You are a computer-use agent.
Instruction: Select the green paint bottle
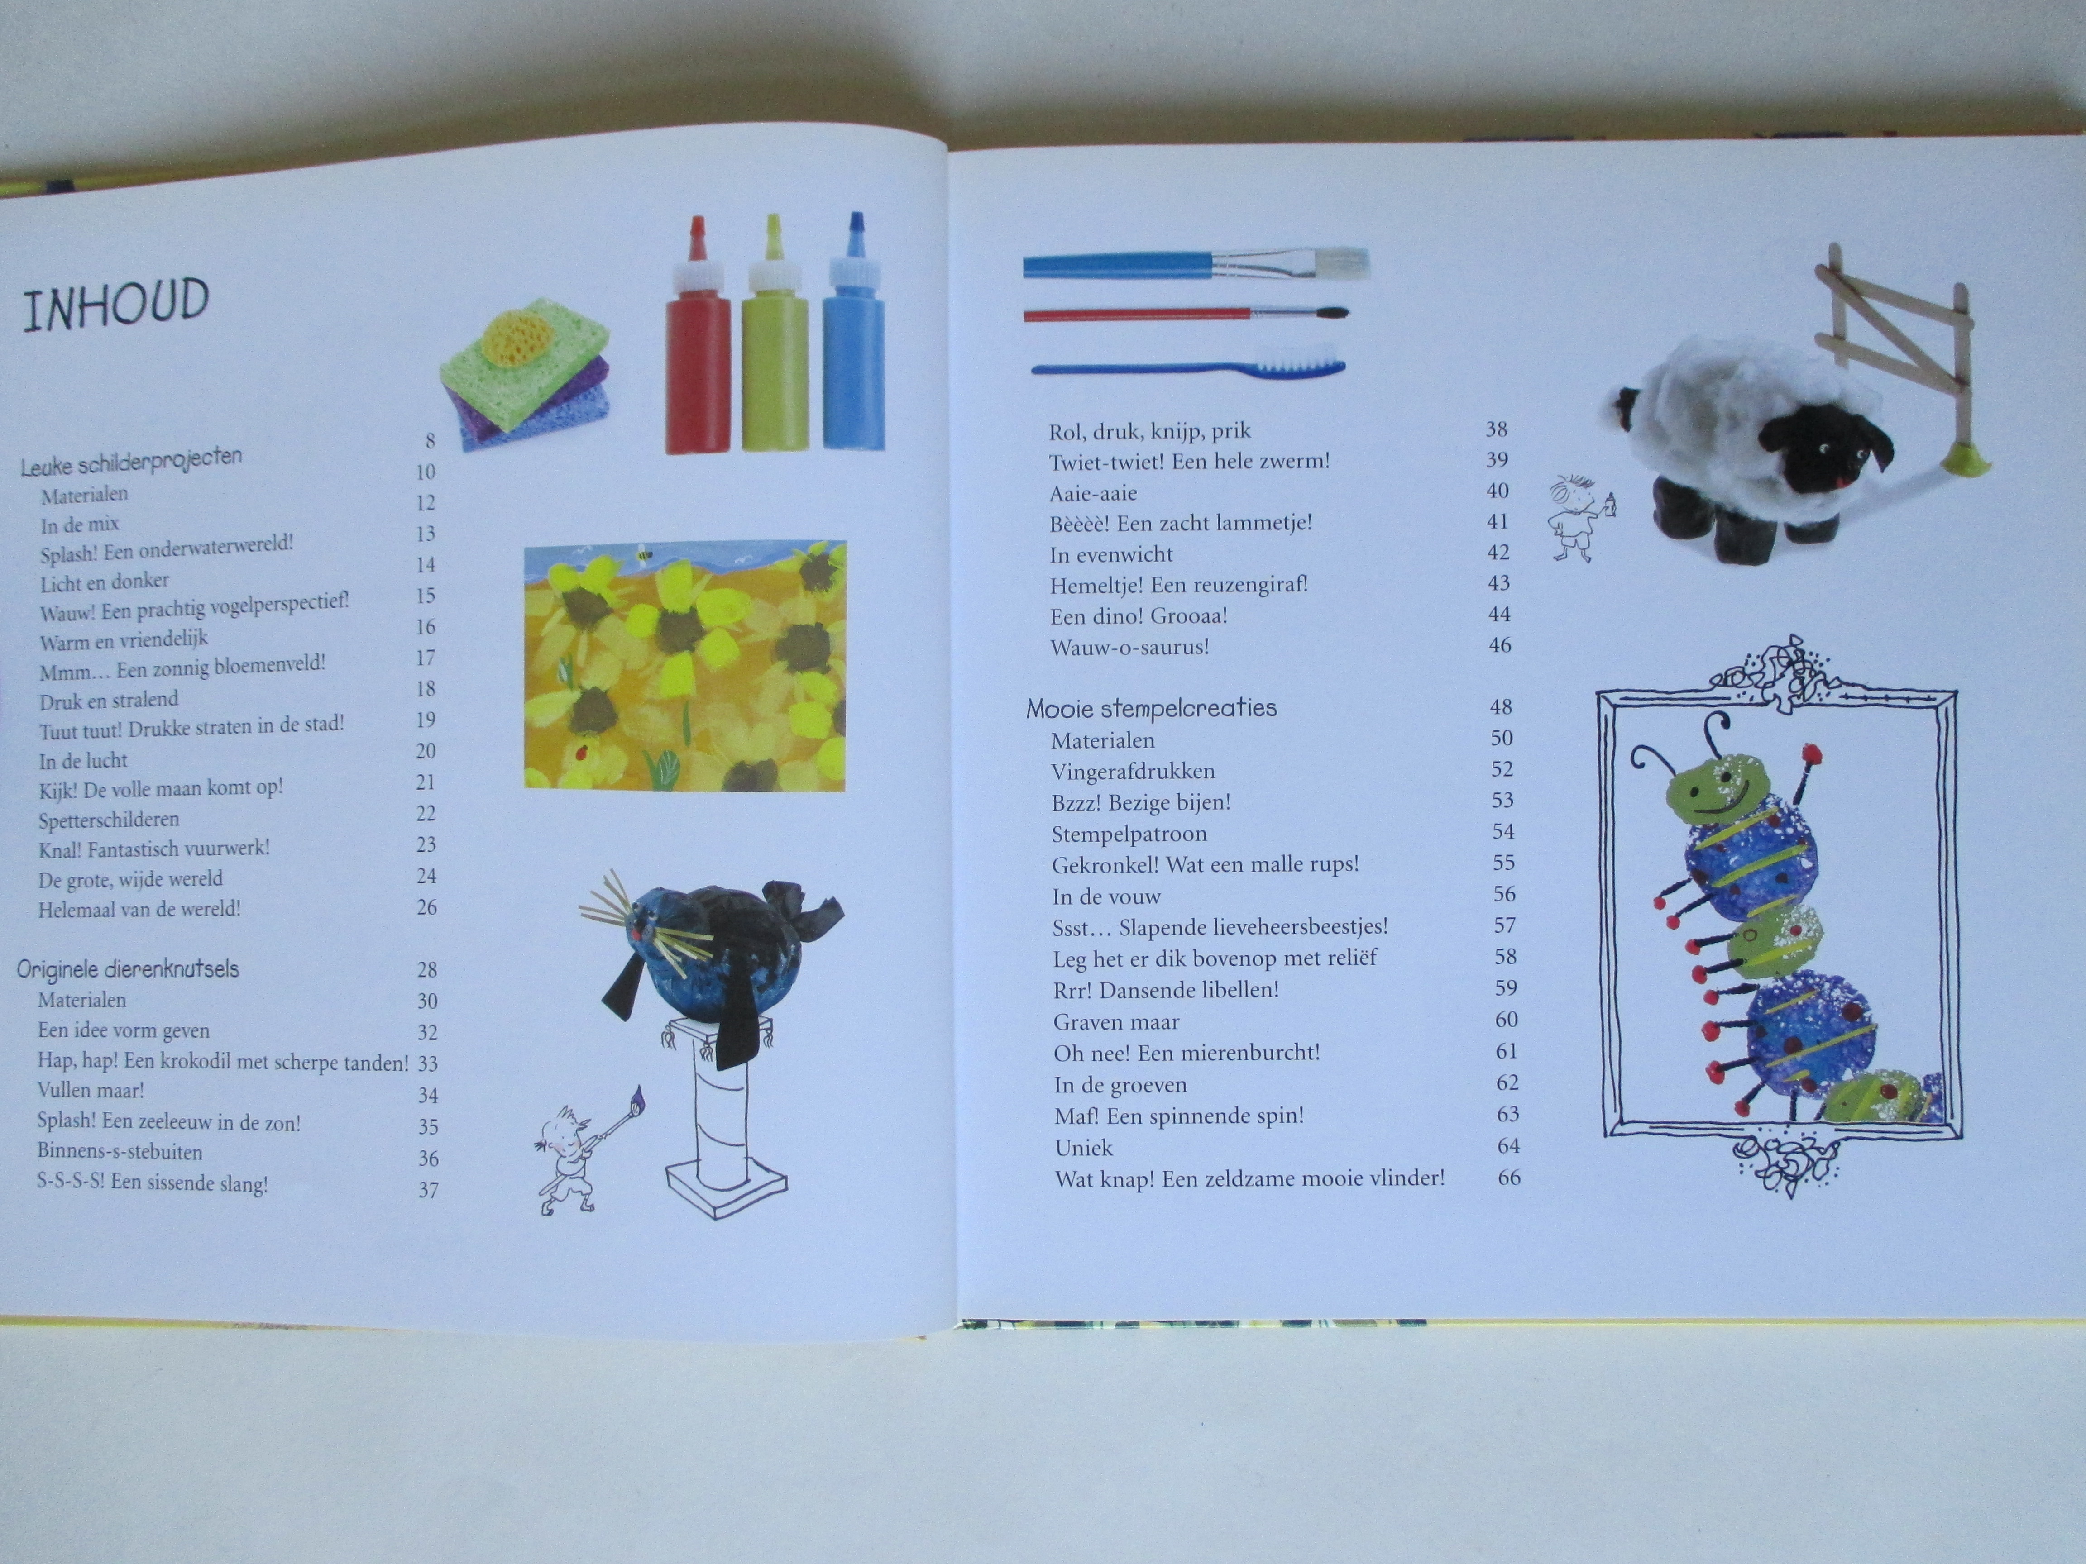(774, 335)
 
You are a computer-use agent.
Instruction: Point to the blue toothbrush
(1188, 364)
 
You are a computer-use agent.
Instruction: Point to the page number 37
(428, 1190)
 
